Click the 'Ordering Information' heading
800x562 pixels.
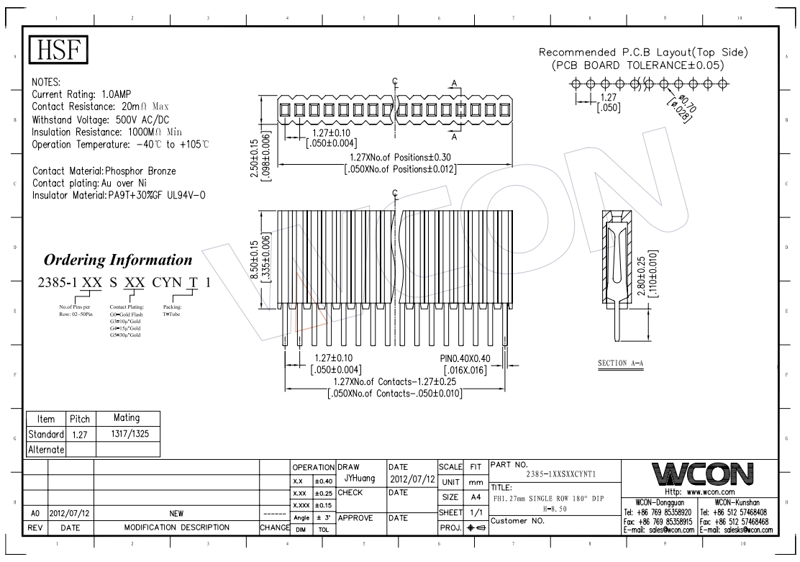[118, 260]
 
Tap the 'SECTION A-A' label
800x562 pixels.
[620, 364]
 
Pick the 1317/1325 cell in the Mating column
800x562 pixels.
[127, 434]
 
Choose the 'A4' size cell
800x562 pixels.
[475, 497]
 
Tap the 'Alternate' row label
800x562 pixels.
[46, 449]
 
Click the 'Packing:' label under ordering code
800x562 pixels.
[171, 308]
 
